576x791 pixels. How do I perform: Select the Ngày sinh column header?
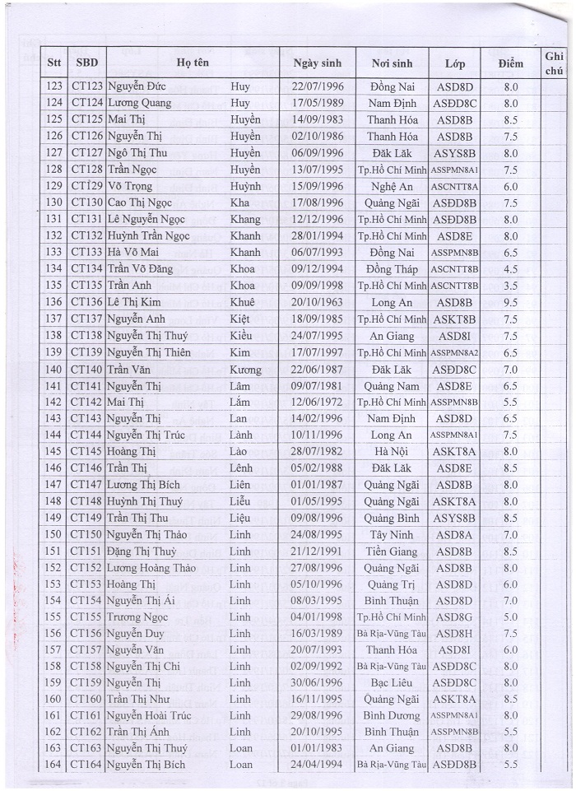pyautogui.click(x=318, y=63)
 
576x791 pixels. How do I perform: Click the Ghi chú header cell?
pyautogui.click(x=553, y=63)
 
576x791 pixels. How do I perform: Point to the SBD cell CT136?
pyautogui.click(x=87, y=302)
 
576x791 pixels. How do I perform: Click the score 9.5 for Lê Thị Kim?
pyautogui.click(x=510, y=302)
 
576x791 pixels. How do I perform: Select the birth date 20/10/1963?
pyautogui.click(x=318, y=302)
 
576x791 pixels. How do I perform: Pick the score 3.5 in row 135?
pyautogui.click(x=510, y=286)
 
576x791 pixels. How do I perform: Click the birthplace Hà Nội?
pyautogui.click(x=392, y=451)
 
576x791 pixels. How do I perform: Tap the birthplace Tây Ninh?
pyautogui.click(x=392, y=534)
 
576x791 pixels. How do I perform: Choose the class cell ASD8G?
pyautogui.click(x=454, y=617)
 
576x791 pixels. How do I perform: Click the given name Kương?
pyautogui.click(x=245, y=369)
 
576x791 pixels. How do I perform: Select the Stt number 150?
pyautogui.click(x=54, y=534)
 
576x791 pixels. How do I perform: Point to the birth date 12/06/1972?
pyautogui.click(x=318, y=402)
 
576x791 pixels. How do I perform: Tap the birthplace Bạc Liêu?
pyautogui.click(x=392, y=683)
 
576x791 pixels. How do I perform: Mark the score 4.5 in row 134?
pyautogui.click(x=510, y=269)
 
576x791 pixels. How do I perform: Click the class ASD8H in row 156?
pyautogui.click(x=454, y=634)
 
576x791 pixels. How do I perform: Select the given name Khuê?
pyautogui.click(x=244, y=302)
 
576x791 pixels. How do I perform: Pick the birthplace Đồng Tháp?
pyautogui.click(x=392, y=269)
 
